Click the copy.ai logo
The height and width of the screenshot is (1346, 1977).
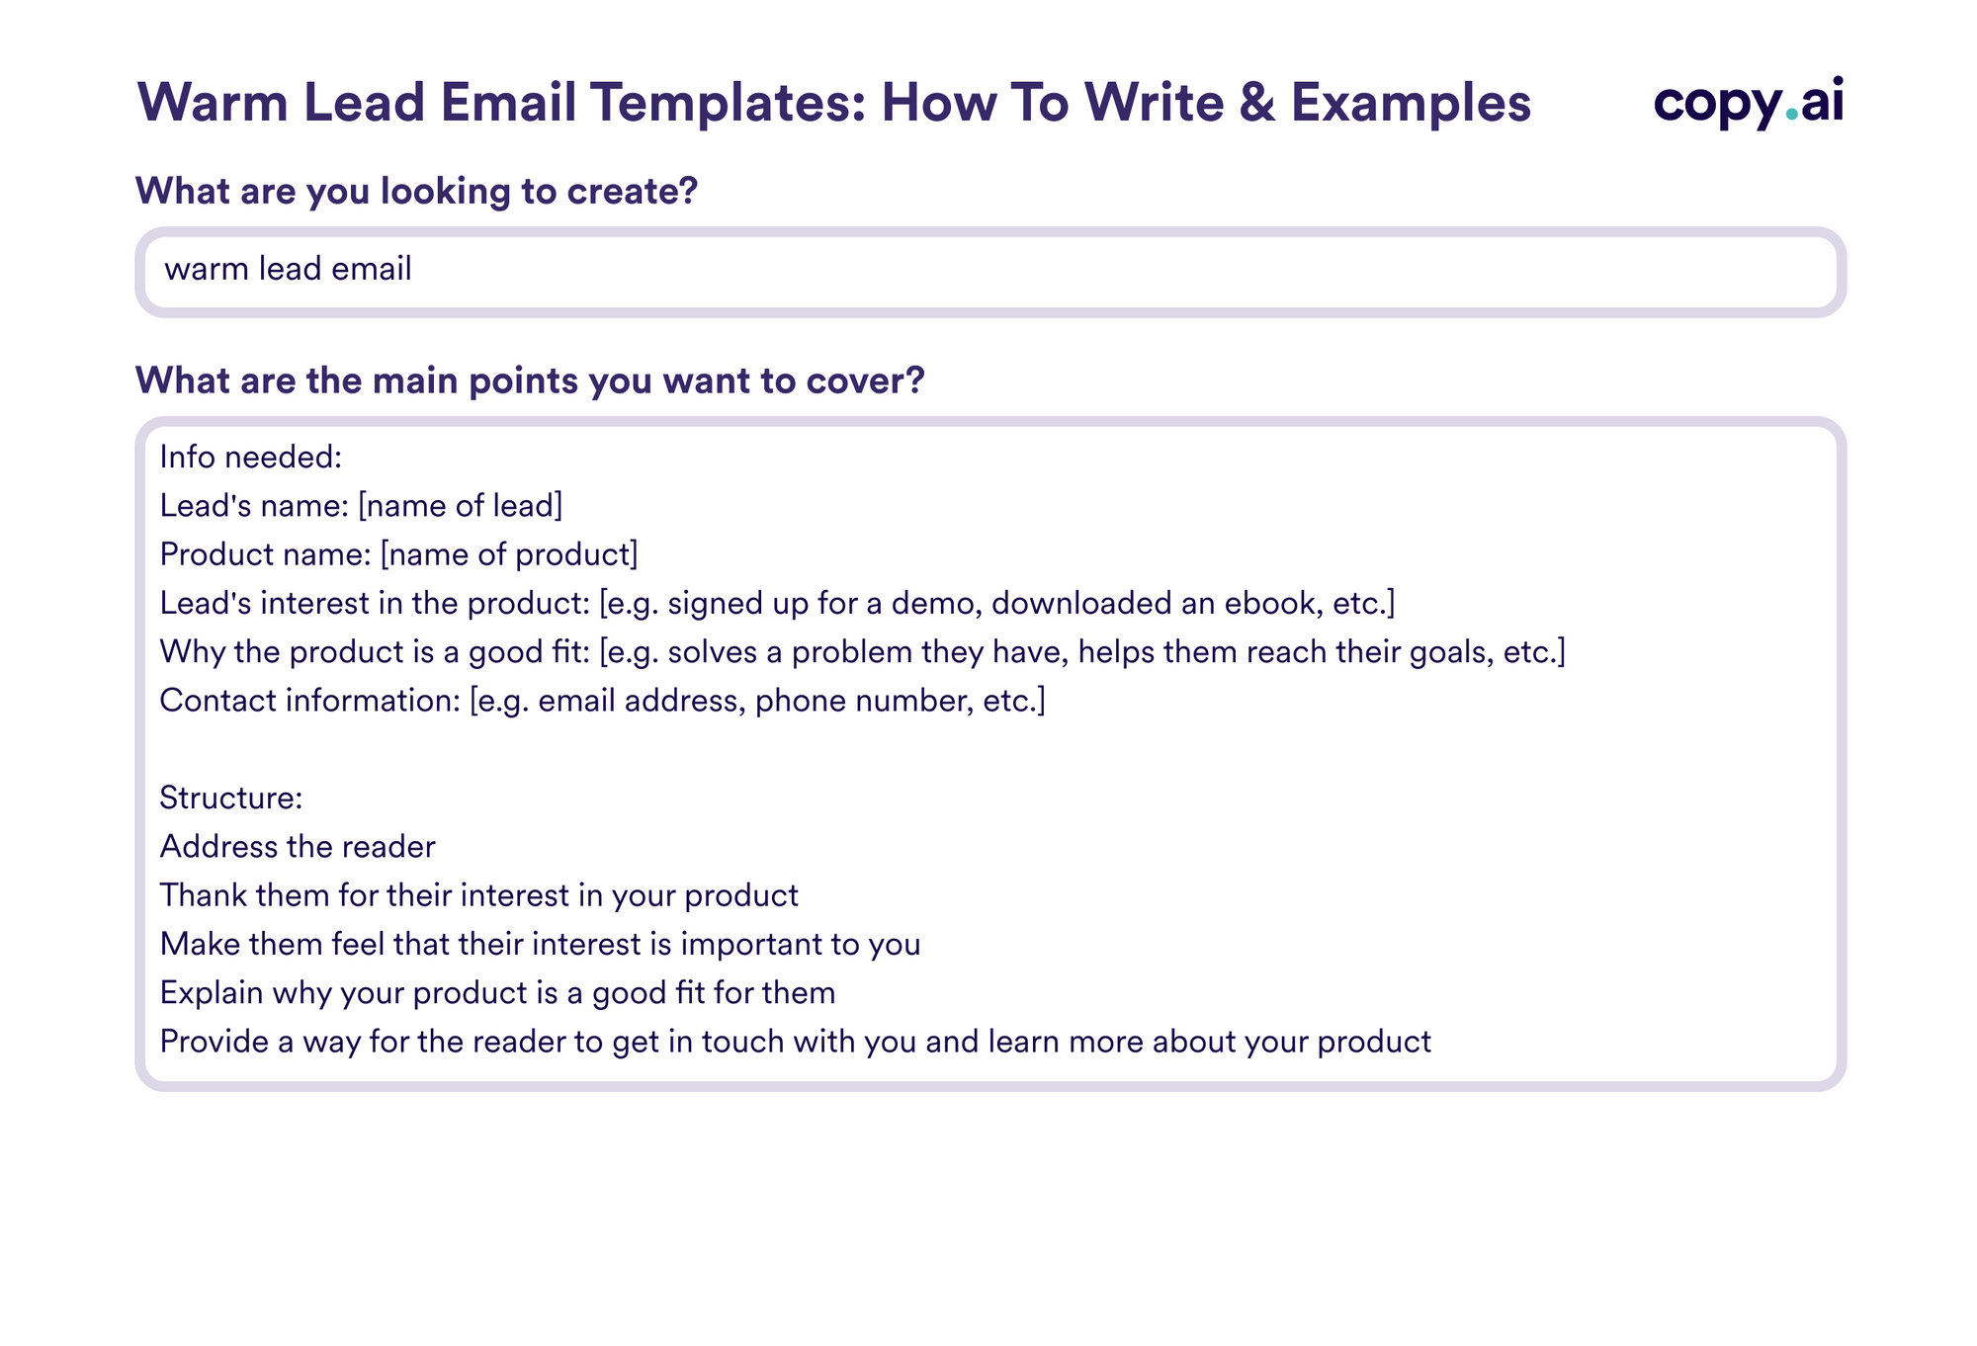1748,103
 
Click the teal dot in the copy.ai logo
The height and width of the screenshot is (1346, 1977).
1791,116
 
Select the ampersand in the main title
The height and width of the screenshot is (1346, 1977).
1256,103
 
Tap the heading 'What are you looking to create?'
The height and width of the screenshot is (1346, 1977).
416,191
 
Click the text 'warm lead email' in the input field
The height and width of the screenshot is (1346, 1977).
288,269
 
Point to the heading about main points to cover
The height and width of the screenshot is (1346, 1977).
530,380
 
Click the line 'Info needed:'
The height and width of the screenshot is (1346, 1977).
250,458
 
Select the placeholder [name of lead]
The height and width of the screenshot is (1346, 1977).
460,506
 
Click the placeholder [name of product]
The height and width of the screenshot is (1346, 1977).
509,554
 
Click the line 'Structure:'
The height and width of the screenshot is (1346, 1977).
231,798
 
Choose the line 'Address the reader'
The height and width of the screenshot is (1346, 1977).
297,847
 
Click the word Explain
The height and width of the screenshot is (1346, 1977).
212,992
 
